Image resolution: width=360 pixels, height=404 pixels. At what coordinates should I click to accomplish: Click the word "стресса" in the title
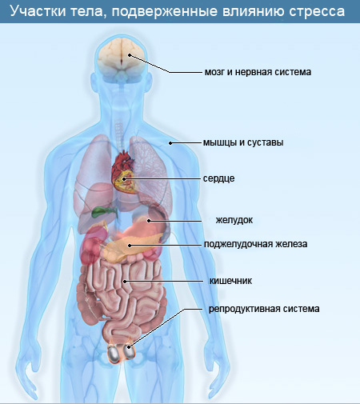pos(317,11)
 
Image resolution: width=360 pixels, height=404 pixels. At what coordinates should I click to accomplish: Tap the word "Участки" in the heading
pos(38,11)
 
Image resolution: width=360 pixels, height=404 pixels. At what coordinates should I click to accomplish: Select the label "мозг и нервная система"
pos(258,72)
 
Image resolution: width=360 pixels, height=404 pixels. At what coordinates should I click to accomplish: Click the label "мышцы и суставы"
pos(243,142)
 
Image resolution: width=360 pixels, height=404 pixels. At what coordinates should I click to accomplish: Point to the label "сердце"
pos(219,178)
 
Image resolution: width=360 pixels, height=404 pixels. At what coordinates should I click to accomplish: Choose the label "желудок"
pos(234,220)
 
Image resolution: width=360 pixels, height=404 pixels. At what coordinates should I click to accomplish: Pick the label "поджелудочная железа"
pos(256,244)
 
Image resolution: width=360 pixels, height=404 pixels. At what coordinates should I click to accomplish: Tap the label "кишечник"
pos(230,281)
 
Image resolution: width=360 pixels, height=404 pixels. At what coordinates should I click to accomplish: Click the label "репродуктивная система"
pos(264,309)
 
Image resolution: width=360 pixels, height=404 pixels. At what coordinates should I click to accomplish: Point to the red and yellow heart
pos(123,172)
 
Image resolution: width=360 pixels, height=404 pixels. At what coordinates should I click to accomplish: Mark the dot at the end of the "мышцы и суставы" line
pos(170,143)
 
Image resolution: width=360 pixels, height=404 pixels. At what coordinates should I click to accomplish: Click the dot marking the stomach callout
pos(149,221)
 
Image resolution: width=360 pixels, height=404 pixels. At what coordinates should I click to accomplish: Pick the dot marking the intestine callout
pos(125,282)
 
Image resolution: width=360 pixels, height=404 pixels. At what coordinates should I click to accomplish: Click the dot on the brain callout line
pos(130,55)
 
